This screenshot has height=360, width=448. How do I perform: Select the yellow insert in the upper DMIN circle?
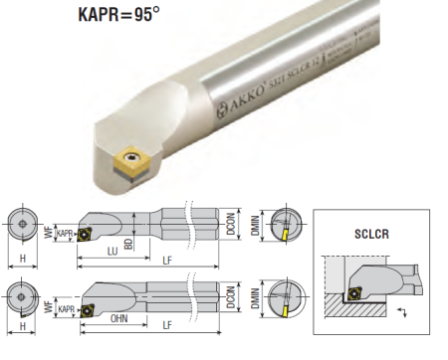click(x=286, y=234)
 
